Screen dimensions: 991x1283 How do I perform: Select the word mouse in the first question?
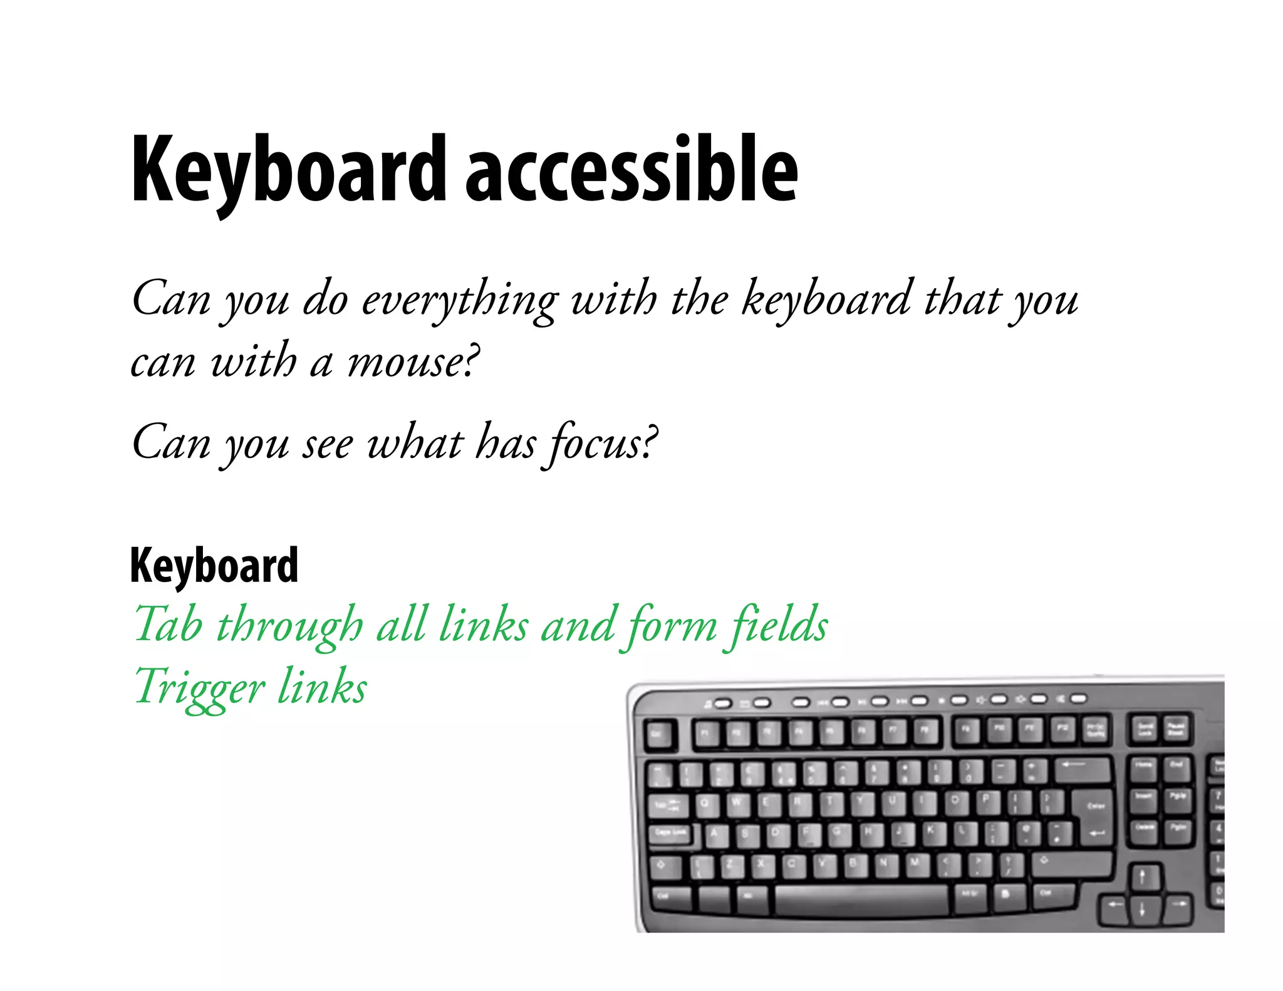[407, 362]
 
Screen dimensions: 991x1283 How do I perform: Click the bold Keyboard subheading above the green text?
[214, 566]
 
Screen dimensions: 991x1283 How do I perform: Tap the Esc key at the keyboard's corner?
[659, 734]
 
